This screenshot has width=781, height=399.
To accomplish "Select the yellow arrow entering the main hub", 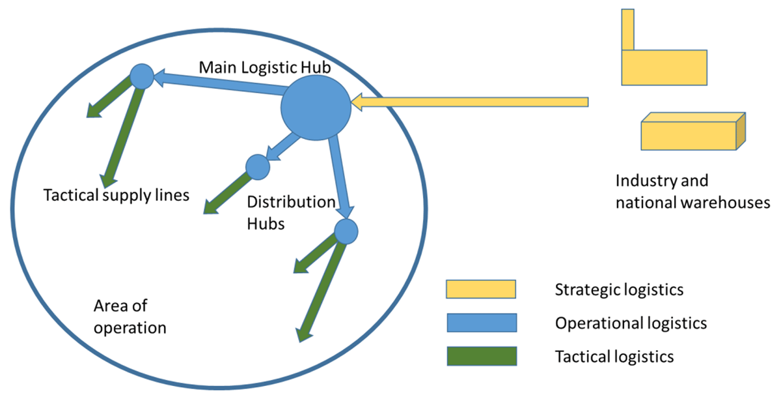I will click(469, 102).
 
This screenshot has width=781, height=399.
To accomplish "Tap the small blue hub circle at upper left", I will click(141, 77).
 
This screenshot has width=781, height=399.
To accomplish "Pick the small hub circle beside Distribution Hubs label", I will click(258, 166).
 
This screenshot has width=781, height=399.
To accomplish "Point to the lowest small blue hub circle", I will click(346, 231).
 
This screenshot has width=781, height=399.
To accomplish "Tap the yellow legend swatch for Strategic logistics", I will click(480, 288).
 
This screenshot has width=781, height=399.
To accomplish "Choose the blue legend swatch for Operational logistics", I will click(480, 322).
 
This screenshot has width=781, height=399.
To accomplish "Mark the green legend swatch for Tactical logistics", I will click(480, 356).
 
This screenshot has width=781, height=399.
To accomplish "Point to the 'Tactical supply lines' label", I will click(116, 194).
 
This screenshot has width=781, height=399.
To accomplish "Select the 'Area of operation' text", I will click(130, 316).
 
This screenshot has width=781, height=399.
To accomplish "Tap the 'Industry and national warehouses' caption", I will click(692, 191).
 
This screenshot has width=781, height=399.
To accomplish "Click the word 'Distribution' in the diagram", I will click(290, 201).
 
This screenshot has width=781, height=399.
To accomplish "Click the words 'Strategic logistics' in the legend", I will click(619, 289).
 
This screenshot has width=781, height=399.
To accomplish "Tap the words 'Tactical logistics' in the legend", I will click(614, 357).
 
